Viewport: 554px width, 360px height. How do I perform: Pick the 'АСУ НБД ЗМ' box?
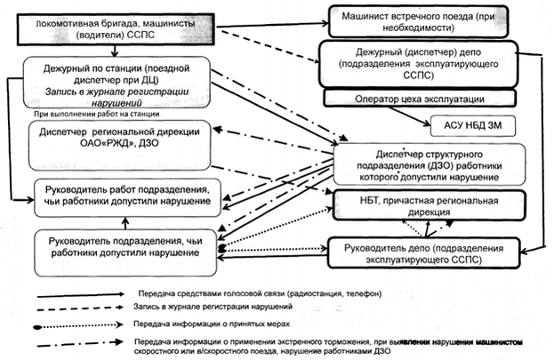pyautogui.click(x=474, y=127)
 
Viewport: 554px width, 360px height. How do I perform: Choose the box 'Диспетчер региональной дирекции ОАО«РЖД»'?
pyautogui.click(x=124, y=140)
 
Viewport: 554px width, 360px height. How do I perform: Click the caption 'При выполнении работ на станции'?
pyautogui.click(x=97, y=115)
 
